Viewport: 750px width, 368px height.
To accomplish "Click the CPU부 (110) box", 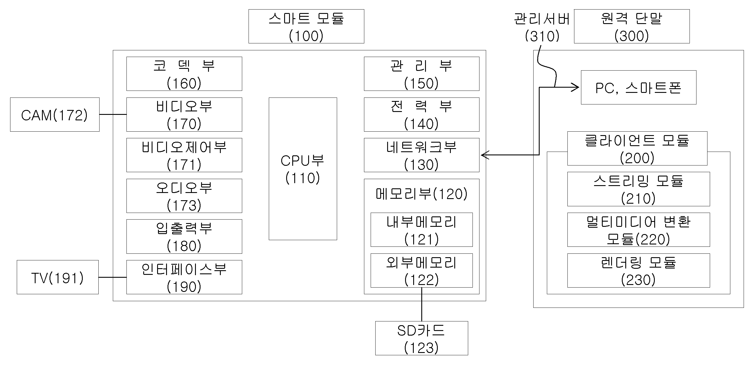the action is pyautogui.click(x=303, y=169).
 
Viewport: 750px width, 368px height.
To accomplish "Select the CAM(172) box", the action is pyautogui.click(x=55, y=114).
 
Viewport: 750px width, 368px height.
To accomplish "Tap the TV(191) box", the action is pyautogui.click(x=58, y=277).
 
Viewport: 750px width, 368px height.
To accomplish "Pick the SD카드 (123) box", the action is pyautogui.click(x=422, y=338).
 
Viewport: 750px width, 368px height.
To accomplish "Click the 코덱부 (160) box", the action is pyautogui.click(x=184, y=74).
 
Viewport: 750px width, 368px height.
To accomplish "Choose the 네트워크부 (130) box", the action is pyautogui.click(x=422, y=155).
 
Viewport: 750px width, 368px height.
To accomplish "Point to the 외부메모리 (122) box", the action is pyautogui.click(x=422, y=271).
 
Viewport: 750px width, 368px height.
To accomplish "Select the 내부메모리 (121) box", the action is pyautogui.click(x=422, y=230).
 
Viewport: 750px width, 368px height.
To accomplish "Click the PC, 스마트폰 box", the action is pyautogui.click(x=639, y=87).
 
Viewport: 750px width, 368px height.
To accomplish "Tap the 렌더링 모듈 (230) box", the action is pyautogui.click(x=639, y=271).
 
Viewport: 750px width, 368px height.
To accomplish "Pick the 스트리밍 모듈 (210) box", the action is pyautogui.click(x=639, y=189).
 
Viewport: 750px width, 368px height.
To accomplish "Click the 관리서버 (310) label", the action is pyautogui.click(x=542, y=27).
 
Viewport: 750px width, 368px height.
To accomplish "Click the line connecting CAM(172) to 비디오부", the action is pyautogui.click(x=113, y=114).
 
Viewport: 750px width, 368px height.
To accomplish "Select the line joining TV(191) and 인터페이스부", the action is pyautogui.click(x=113, y=277).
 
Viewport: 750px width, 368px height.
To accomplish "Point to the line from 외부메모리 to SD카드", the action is pyautogui.click(x=422, y=304).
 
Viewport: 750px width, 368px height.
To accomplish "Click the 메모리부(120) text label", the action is pyautogui.click(x=422, y=194).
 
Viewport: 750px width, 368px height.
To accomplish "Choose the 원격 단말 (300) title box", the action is pyautogui.click(x=632, y=26).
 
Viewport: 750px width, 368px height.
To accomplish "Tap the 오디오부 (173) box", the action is pyautogui.click(x=184, y=196).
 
